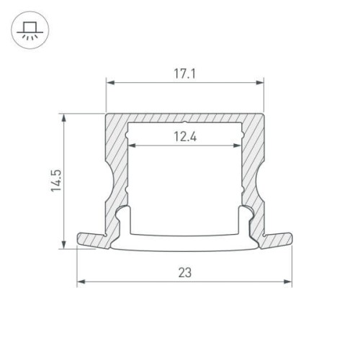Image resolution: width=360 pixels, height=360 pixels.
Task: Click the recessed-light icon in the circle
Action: pyautogui.click(x=29, y=30)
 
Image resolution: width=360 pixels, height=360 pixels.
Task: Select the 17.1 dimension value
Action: pyautogui.click(x=185, y=73)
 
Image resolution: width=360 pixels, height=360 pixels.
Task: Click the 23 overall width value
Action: pyautogui.click(x=184, y=272)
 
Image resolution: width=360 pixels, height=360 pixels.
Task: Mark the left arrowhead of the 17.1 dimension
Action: pyautogui.click(x=109, y=84)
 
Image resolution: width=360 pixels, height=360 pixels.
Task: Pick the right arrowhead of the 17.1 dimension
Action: pyautogui.click(x=261, y=84)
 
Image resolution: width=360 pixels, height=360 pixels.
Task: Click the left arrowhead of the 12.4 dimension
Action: pyautogui.click(x=131, y=148)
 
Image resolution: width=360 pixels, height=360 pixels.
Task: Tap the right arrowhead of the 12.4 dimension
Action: pyautogui.click(x=238, y=148)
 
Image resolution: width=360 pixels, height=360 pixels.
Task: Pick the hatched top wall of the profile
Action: pyautogui.click(x=185, y=117)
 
